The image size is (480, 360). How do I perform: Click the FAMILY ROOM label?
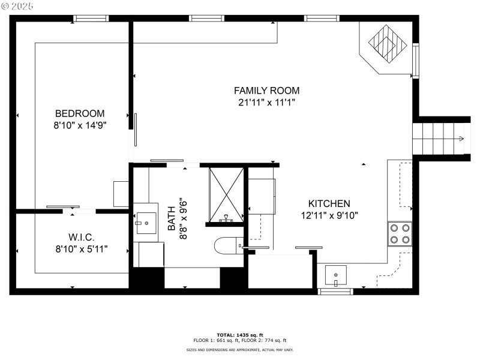266,91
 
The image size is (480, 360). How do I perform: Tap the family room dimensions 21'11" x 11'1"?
266,102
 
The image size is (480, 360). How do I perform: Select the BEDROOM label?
80,113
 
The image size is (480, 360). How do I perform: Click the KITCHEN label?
329,204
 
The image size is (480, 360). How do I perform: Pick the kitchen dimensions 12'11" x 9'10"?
329,215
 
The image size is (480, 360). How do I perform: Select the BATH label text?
172,218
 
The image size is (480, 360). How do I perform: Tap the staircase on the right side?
440,139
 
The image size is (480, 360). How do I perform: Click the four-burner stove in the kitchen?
400,233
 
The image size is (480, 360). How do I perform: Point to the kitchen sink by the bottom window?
337,276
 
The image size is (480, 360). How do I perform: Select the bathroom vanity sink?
145,224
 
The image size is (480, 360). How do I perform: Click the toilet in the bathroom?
228,245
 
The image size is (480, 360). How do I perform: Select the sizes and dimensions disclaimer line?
239,350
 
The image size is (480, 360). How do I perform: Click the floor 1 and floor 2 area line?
239,340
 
